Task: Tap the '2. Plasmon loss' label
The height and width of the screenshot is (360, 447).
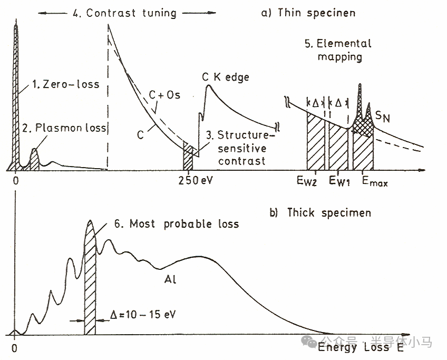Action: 65,128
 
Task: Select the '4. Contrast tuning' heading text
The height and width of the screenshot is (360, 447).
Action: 131,13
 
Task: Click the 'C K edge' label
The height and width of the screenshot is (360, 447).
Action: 226,77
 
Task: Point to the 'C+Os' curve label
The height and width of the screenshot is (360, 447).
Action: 165,95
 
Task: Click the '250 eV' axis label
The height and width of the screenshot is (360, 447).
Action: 193,179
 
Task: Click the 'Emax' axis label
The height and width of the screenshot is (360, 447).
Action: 374,182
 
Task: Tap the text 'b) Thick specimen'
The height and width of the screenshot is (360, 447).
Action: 328,212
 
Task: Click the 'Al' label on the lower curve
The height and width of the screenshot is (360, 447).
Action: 170,279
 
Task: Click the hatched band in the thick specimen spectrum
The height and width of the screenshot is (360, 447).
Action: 90,279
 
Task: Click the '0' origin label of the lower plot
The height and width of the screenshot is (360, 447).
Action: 15,348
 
